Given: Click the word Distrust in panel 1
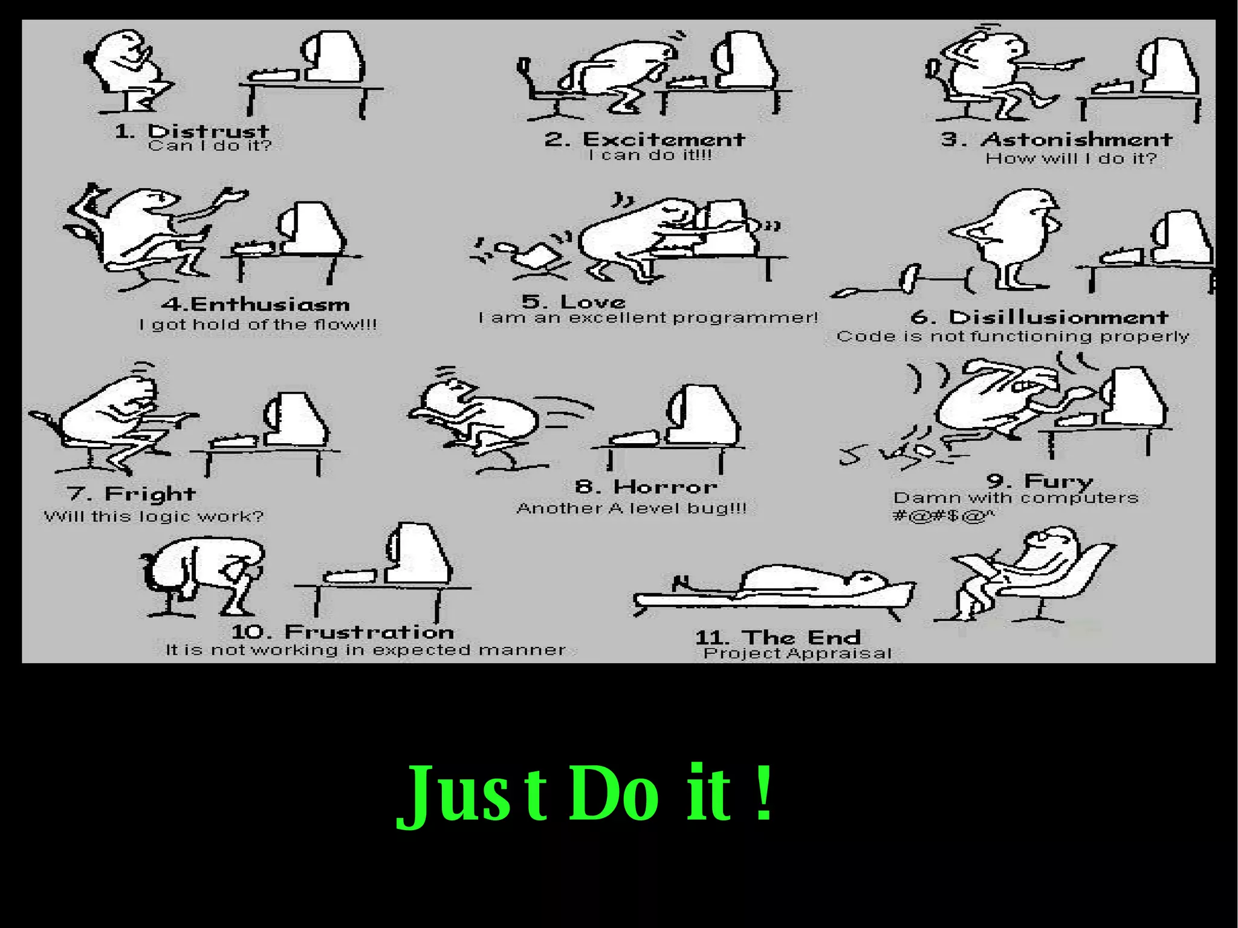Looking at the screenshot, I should (x=209, y=131).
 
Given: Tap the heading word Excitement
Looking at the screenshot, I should (x=663, y=139).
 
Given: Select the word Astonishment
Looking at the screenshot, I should (x=1077, y=139).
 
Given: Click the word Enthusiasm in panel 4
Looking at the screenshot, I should (x=270, y=303).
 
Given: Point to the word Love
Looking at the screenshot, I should (x=592, y=301).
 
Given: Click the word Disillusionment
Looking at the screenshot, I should (x=1058, y=317).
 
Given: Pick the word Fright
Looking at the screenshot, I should (x=150, y=494).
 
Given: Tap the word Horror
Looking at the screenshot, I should (x=665, y=486).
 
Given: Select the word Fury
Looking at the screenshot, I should (x=1058, y=481).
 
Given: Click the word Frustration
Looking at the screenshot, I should (x=369, y=632).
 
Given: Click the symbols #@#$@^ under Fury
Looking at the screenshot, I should (x=943, y=516).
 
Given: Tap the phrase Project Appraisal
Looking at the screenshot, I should (x=797, y=653).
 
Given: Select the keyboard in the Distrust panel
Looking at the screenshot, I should (x=274, y=75).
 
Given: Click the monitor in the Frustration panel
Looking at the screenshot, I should (x=417, y=553).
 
